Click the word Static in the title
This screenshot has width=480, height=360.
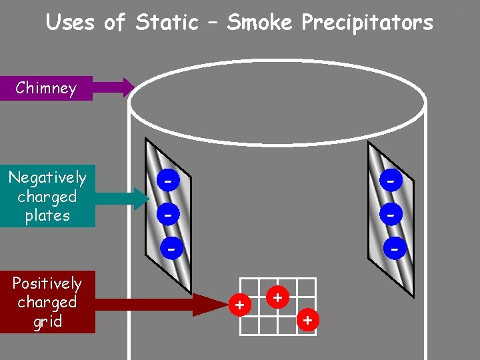point(167,23)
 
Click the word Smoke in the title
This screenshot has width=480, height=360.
point(259,23)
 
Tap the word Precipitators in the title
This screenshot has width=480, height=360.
point(367,23)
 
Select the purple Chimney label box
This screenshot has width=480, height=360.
point(46,87)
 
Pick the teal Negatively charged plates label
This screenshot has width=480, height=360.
point(47,197)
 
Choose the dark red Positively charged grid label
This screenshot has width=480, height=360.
point(47,303)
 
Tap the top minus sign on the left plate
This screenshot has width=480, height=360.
point(170,181)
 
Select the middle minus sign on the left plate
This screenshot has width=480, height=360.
point(170,215)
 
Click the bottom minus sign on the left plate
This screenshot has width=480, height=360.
point(172,249)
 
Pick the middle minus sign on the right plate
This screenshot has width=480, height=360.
point(393,215)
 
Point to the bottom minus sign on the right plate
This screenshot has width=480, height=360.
point(395,249)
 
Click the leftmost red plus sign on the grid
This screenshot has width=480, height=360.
point(241,305)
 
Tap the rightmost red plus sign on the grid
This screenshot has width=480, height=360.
point(307,321)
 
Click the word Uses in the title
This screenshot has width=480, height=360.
point(71,23)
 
